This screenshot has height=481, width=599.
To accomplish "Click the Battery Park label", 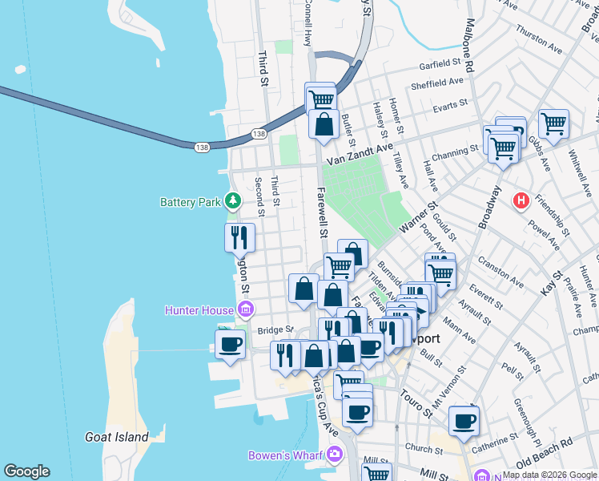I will tap(190, 203).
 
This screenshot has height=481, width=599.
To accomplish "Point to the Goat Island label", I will tap(117, 437).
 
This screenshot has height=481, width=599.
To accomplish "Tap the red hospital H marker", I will tap(522, 200).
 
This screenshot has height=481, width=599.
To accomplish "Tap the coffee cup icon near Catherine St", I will tap(464, 420).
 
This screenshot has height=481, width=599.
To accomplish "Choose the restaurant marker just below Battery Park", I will tap(239, 237).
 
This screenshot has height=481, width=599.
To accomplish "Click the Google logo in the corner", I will tap(26, 471).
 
